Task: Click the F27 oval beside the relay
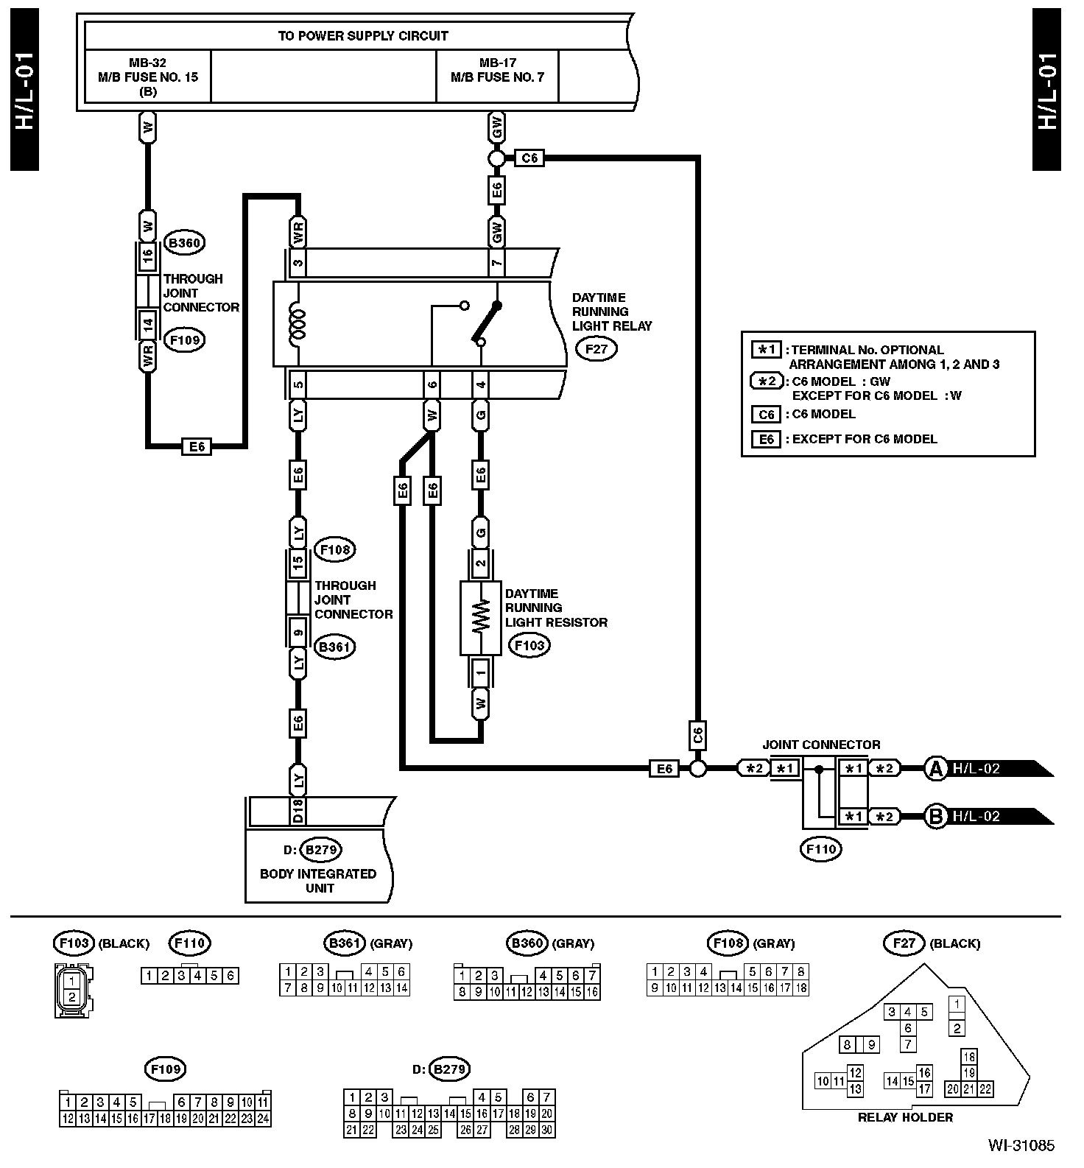(x=596, y=348)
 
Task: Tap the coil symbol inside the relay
(x=298, y=323)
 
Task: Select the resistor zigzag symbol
(x=481, y=616)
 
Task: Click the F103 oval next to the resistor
(x=529, y=646)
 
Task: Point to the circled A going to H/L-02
(x=935, y=769)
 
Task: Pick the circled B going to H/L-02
(x=935, y=817)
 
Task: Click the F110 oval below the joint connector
(x=821, y=849)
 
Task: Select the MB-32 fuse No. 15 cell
(x=148, y=77)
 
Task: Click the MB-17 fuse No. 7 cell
(x=497, y=71)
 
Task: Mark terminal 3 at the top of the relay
(x=298, y=261)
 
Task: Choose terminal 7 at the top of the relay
(x=497, y=261)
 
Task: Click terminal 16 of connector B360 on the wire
(x=148, y=256)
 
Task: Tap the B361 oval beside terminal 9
(x=334, y=647)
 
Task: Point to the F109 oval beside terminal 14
(x=183, y=340)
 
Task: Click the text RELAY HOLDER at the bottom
(x=905, y=1117)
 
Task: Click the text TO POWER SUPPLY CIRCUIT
(x=362, y=35)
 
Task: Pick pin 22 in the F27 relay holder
(x=986, y=1089)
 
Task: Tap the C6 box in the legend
(x=767, y=415)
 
